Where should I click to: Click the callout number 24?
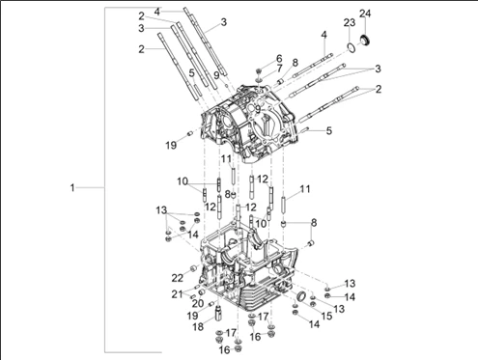(365, 14)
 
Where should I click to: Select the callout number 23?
(350, 22)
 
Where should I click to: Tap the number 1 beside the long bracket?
(72, 187)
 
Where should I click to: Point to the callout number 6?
(279, 59)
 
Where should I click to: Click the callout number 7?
(279, 69)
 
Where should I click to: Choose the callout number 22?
(177, 278)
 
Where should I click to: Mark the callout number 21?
(177, 293)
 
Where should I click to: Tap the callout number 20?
(198, 303)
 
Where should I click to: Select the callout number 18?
(198, 327)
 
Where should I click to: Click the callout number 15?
(326, 316)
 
